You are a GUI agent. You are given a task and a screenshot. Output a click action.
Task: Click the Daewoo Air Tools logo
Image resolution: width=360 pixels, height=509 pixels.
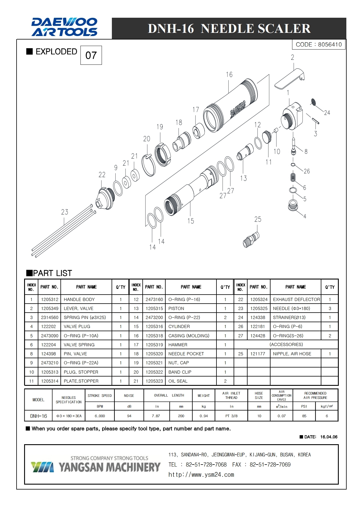(64, 27)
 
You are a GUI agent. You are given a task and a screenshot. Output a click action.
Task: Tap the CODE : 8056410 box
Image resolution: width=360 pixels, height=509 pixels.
(319, 44)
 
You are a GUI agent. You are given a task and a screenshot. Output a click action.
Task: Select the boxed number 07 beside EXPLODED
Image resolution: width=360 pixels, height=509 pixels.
(91, 55)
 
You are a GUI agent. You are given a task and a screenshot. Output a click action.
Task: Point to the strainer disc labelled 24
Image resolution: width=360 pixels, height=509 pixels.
(314, 102)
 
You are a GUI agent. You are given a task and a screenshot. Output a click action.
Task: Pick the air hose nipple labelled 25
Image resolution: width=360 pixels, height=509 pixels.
(251, 239)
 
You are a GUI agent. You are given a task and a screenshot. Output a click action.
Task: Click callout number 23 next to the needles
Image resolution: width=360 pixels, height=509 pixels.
(65, 212)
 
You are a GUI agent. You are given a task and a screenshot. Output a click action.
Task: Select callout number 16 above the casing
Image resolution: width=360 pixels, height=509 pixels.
(229, 75)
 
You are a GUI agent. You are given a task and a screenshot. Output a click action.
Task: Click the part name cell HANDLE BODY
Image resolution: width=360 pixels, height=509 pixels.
(79, 299)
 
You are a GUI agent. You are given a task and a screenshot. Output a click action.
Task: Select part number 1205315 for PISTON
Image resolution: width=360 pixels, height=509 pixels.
(154, 308)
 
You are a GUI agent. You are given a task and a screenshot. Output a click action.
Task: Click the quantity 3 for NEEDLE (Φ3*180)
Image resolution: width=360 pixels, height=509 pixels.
(330, 308)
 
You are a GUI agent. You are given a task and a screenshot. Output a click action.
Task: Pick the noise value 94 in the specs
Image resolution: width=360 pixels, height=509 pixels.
(129, 416)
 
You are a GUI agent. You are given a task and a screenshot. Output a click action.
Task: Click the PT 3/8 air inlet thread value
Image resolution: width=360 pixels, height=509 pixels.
(231, 416)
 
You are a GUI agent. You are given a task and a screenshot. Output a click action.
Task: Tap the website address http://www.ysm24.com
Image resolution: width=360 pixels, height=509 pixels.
(201, 474)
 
